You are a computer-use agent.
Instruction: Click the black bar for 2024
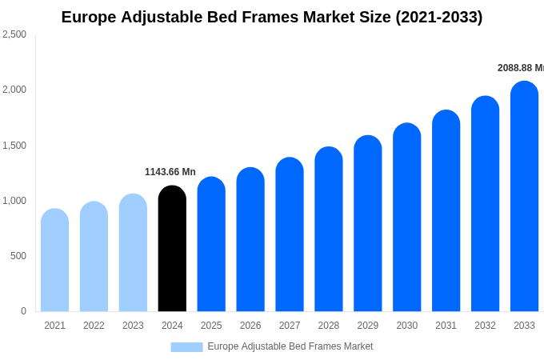tap(172, 249)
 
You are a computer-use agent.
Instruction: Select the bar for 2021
tap(54, 260)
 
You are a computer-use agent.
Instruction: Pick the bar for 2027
tap(290, 234)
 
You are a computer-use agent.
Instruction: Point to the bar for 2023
tap(133, 253)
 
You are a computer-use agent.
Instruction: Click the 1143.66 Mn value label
tap(170, 172)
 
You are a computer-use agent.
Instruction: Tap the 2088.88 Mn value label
tap(520, 68)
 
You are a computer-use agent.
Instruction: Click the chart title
tap(272, 17)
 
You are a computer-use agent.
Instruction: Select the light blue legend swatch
tap(186, 347)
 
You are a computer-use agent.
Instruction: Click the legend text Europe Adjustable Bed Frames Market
tap(290, 346)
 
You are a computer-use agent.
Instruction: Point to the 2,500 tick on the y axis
tap(14, 34)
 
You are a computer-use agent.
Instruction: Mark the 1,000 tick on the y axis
tap(14, 201)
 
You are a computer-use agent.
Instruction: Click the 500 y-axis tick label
tap(18, 256)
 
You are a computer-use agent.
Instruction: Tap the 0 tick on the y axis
tap(23, 311)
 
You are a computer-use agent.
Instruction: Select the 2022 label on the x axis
tap(94, 326)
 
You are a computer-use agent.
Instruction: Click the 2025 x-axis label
tap(211, 326)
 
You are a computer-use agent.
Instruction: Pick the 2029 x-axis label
tap(368, 326)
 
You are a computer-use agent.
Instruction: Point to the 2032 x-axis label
tap(485, 326)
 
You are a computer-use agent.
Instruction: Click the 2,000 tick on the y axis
tap(14, 90)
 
